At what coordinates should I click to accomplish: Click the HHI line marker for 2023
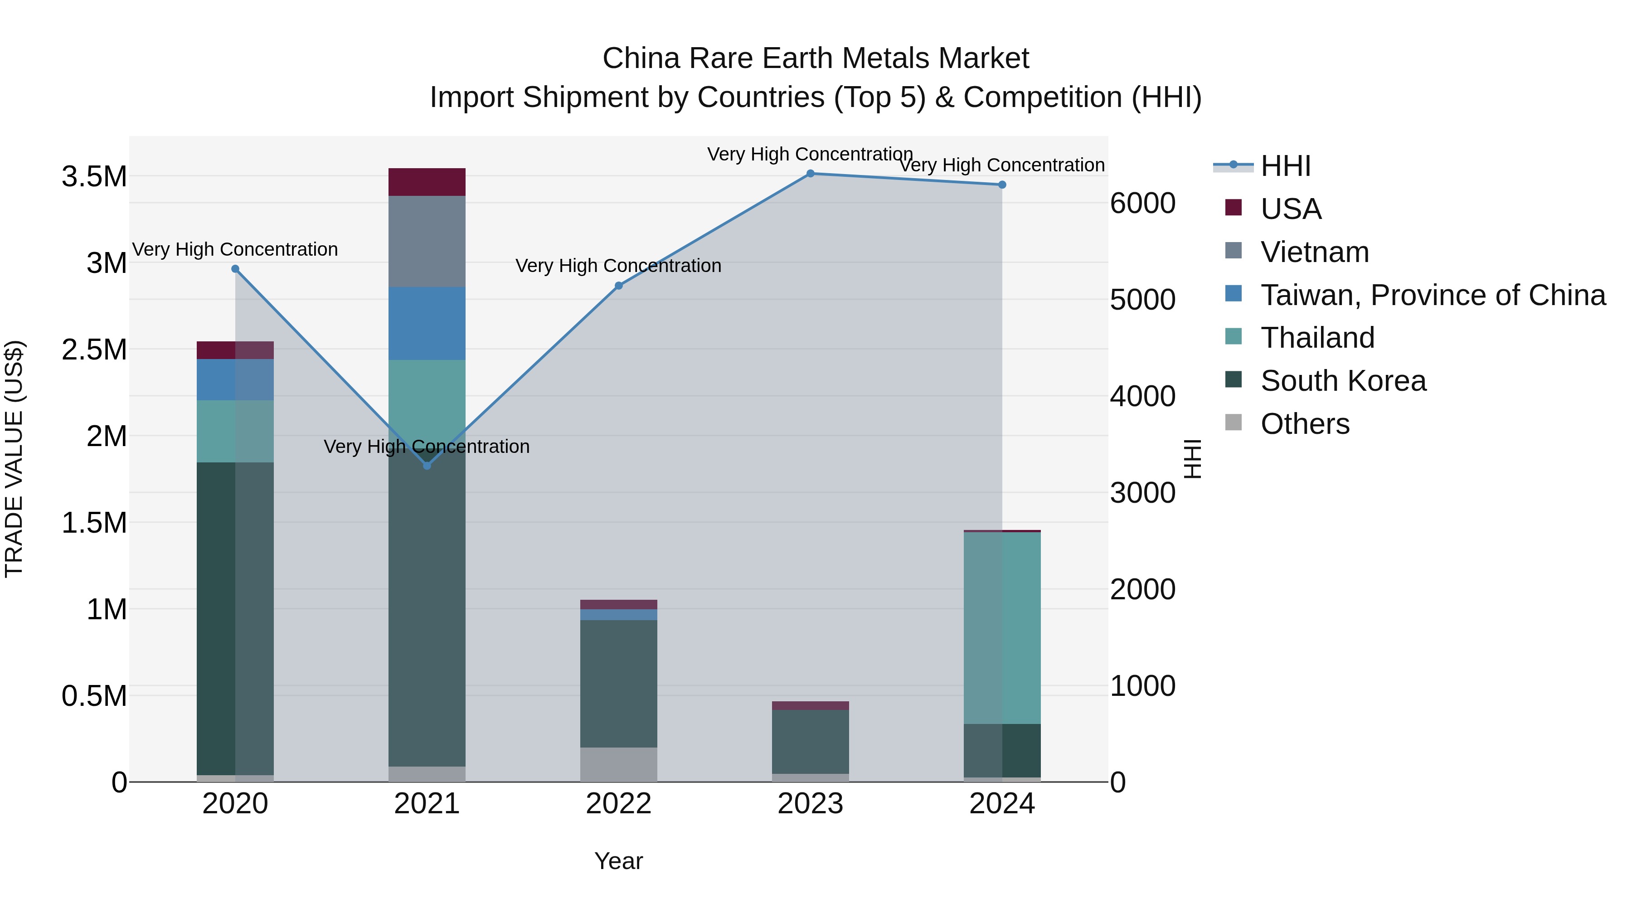click(x=810, y=174)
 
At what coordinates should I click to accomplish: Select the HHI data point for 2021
click(x=427, y=466)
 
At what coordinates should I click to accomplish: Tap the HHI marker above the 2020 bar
click(x=235, y=269)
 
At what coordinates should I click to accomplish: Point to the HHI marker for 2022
click(x=619, y=286)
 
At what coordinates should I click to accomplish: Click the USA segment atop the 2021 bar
click(x=427, y=182)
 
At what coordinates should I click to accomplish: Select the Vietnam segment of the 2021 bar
click(x=427, y=241)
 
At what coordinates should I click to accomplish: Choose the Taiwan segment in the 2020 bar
click(x=235, y=379)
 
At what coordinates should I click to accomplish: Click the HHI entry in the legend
click(x=1285, y=166)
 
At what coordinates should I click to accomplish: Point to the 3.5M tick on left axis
click(x=94, y=177)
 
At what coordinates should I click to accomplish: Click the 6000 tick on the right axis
click(x=1142, y=204)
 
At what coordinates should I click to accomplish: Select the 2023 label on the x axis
click(x=810, y=804)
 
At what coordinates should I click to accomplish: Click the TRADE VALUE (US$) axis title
click(x=14, y=459)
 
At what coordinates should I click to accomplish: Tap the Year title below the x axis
click(x=618, y=861)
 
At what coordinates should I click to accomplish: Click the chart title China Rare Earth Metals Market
click(x=816, y=58)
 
